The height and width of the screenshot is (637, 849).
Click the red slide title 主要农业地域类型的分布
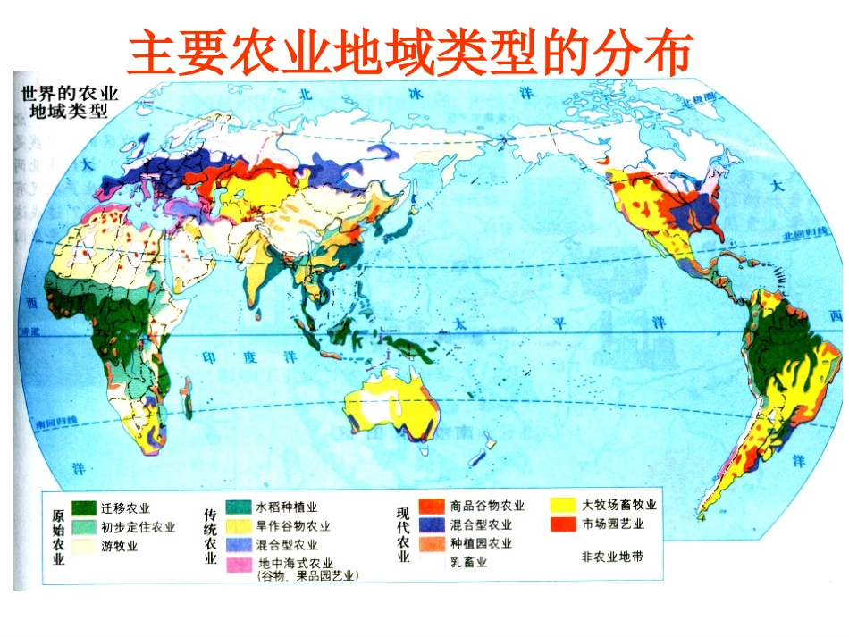[409, 53]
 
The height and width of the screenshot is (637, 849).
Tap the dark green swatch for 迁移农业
[85, 507]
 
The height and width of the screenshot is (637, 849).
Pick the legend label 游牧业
[119, 544]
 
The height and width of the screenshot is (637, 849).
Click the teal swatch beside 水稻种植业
[238, 507]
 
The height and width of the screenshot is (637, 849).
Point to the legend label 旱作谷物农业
[293, 526]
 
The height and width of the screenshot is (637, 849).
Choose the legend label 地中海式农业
[295, 563]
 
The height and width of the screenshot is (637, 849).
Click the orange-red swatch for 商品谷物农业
[433, 507]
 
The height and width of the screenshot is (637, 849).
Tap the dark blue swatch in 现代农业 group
[433, 525]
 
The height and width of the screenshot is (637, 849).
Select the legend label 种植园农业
[482, 543]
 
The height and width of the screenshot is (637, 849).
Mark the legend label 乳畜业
[468, 562]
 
